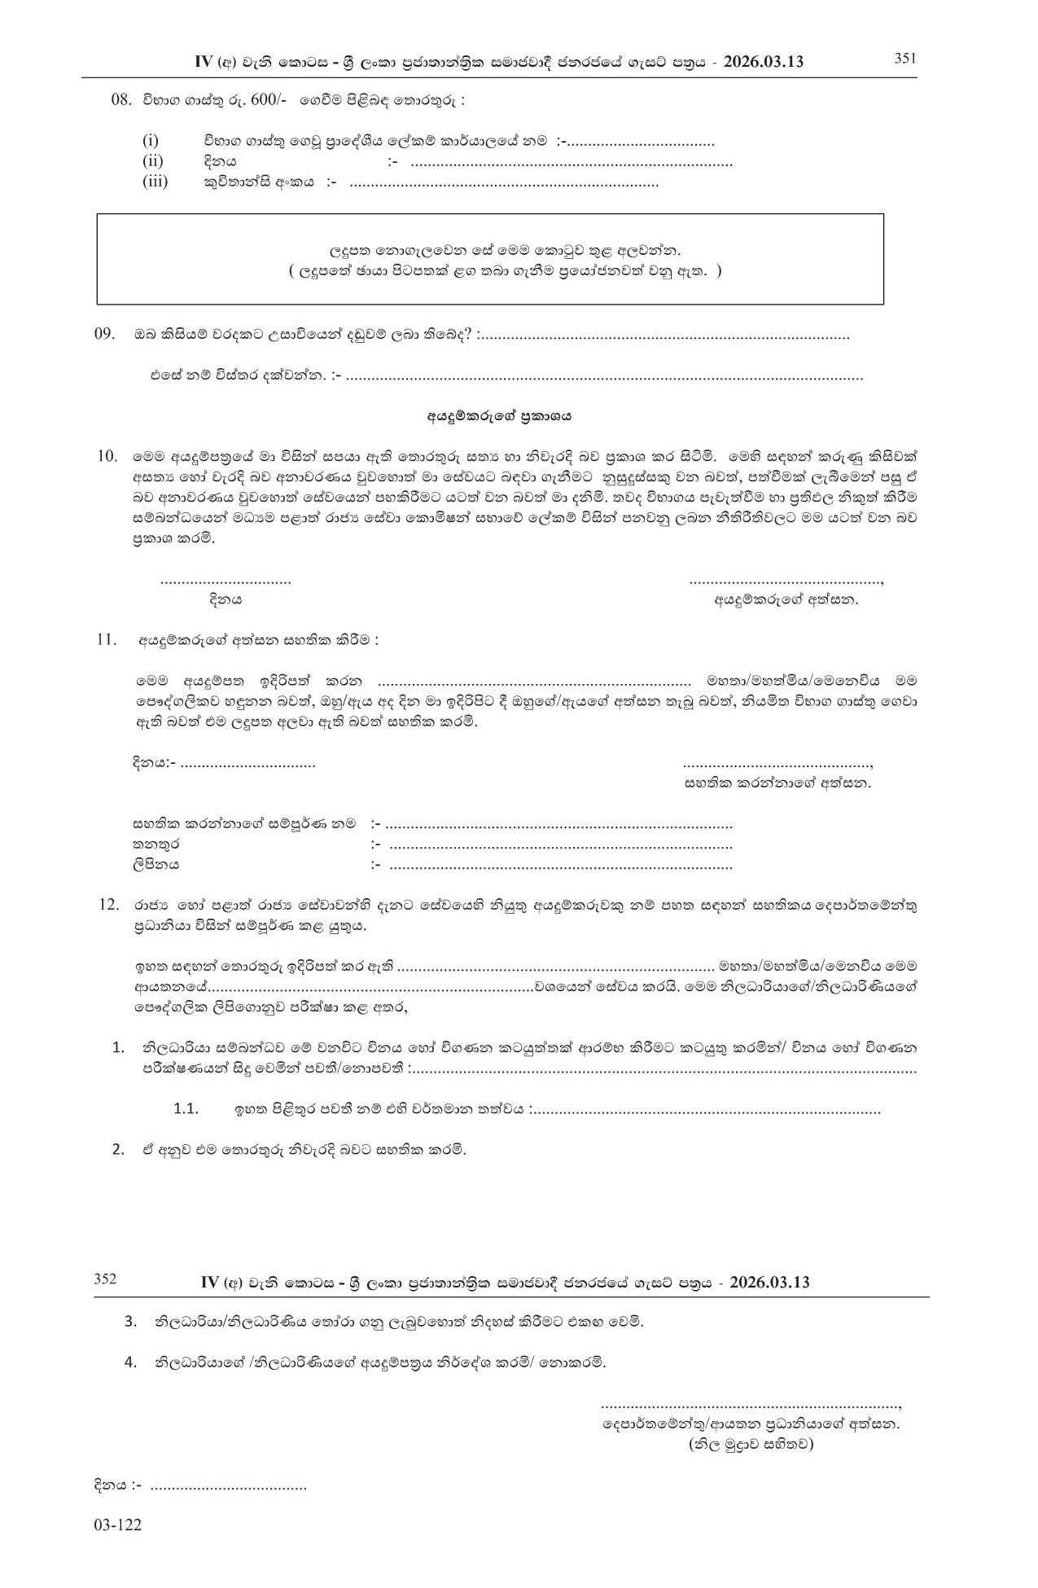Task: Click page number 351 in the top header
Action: pyautogui.click(x=905, y=58)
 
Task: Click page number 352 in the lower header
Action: pyautogui.click(x=105, y=1279)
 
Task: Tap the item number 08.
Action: pyautogui.click(x=120, y=101)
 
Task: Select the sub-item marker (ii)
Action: pyautogui.click(x=153, y=161)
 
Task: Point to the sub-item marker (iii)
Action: pyautogui.click(x=155, y=182)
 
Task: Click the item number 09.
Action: pyautogui.click(x=106, y=335)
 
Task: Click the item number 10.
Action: pyautogui.click(x=107, y=455)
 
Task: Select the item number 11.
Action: pyautogui.click(x=107, y=640)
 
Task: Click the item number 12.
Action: pyautogui.click(x=109, y=905)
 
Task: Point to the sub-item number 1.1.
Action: pyautogui.click(x=186, y=1109)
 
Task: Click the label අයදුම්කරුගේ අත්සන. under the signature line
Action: pyautogui.click(x=786, y=600)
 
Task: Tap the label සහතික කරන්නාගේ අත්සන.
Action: pyautogui.click(x=778, y=783)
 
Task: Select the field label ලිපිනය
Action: pyautogui.click(x=155, y=864)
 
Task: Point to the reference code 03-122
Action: pyautogui.click(x=117, y=1525)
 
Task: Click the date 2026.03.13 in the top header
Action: pyautogui.click(x=764, y=62)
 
